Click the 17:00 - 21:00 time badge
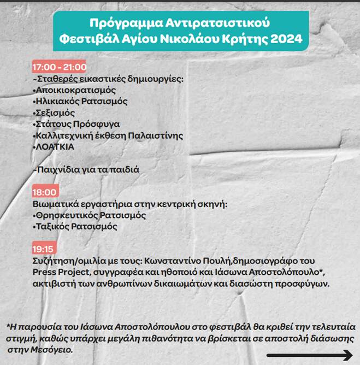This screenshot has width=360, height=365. coord(60,67)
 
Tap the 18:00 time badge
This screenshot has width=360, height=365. coord(45,192)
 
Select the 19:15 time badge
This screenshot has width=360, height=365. coord(44,249)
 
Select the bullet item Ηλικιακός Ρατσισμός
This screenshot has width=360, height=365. coord(80,102)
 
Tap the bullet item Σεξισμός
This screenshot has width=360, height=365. coord(54,113)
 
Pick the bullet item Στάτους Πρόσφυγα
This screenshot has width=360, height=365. coord(76,125)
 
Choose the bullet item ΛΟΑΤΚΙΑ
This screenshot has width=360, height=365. coord(54,147)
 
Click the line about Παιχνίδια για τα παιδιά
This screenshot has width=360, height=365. coord(87,170)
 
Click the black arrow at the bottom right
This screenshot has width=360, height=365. coord(309,356)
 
